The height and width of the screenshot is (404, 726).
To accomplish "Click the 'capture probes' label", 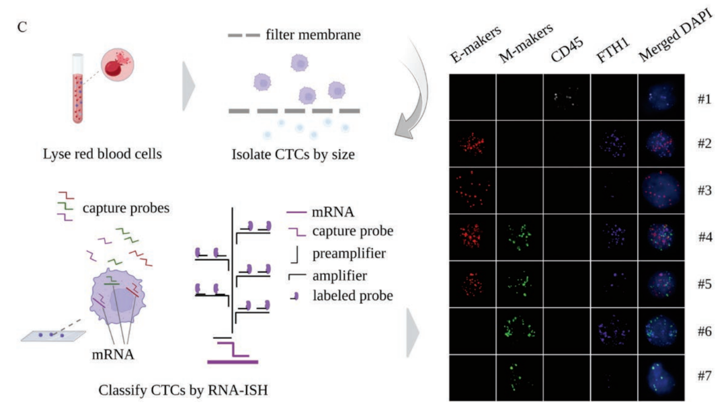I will (x=125, y=208).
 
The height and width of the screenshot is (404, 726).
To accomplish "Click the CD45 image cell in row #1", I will (x=567, y=97).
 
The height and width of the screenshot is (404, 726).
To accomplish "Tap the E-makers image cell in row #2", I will (x=473, y=143).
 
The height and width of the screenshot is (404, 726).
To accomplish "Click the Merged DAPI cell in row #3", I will (x=661, y=190).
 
